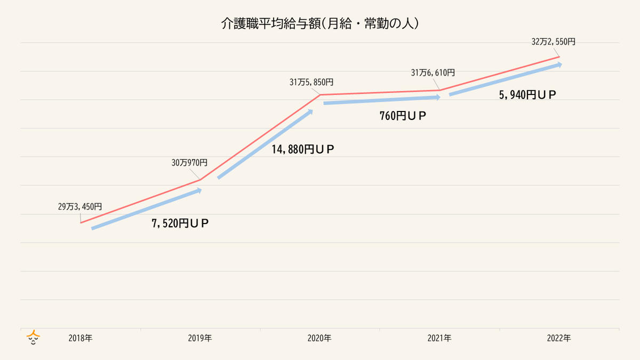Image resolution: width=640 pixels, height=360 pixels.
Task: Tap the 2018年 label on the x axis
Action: point(81,338)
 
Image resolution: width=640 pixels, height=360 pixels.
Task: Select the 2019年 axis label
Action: point(200,338)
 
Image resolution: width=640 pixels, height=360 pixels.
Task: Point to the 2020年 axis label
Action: point(319,338)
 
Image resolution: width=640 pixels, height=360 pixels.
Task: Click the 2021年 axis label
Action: point(439,338)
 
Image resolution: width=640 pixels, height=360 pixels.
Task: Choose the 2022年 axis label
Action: point(559,338)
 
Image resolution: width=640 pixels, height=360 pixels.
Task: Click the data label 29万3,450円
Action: point(80,207)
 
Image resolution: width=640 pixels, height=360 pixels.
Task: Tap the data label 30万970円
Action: point(189,163)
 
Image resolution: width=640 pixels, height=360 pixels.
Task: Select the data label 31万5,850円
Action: point(311,82)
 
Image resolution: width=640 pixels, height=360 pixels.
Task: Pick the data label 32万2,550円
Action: point(554,42)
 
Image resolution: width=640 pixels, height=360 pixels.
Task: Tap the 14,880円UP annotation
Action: point(303,150)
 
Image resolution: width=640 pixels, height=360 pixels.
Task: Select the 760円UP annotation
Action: point(404,116)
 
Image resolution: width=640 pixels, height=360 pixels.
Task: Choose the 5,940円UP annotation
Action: point(528,95)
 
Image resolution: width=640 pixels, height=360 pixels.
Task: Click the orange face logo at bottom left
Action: point(34,338)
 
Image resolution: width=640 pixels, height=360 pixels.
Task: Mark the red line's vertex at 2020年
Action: point(320,95)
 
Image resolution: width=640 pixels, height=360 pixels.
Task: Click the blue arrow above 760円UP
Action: point(382,100)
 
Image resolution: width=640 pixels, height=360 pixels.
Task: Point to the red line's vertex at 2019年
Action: point(200,180)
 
